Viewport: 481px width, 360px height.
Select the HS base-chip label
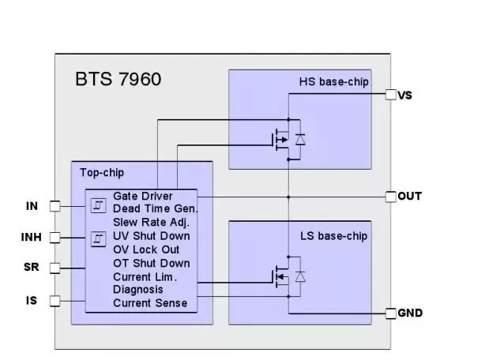[x=333, y=82]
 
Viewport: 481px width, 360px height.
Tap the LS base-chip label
[x=334, y=236]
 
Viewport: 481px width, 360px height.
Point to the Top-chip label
[x=102, y=172]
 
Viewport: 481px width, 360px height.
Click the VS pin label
[x=405, y=96]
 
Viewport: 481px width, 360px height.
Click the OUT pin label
[x=409, y=196]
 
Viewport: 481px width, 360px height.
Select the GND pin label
[x=410, y=313]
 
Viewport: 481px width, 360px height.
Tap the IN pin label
[x=32, y=206]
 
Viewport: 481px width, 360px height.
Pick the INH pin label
[x=31, y=237]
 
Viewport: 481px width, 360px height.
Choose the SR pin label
[x=31, y=268]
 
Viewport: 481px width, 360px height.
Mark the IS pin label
[x=32, y=300]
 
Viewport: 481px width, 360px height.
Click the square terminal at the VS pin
[x=390, y=96]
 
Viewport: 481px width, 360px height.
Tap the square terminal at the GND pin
[x=390, y=313]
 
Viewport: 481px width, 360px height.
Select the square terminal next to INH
[x=55, y=237]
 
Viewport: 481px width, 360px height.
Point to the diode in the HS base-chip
[x=300, y=140]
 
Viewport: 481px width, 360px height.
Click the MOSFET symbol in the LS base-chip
[x=281, y=276]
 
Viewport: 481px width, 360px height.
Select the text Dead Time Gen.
[x=155, y=209]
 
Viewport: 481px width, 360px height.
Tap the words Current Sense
[x=150, y=303]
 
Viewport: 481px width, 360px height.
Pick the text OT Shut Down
[x=151, y=263]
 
